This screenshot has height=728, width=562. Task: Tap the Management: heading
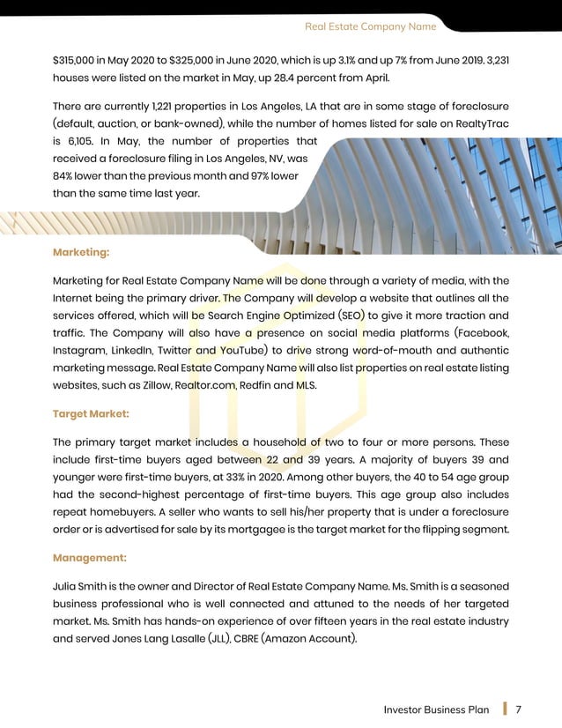click(x=89, y=558)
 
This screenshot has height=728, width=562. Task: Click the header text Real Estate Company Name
click(x=370, y=26)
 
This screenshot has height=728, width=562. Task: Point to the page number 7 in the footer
click(x=520, y=709)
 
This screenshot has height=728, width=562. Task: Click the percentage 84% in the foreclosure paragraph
click(x=65, y=176)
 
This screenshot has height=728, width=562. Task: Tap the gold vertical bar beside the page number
click(x=505, y=709)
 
